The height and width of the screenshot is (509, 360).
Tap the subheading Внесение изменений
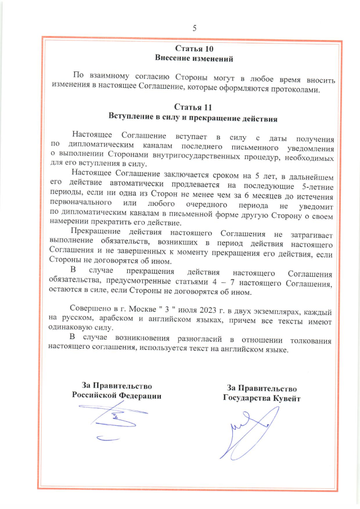(194, 58)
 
